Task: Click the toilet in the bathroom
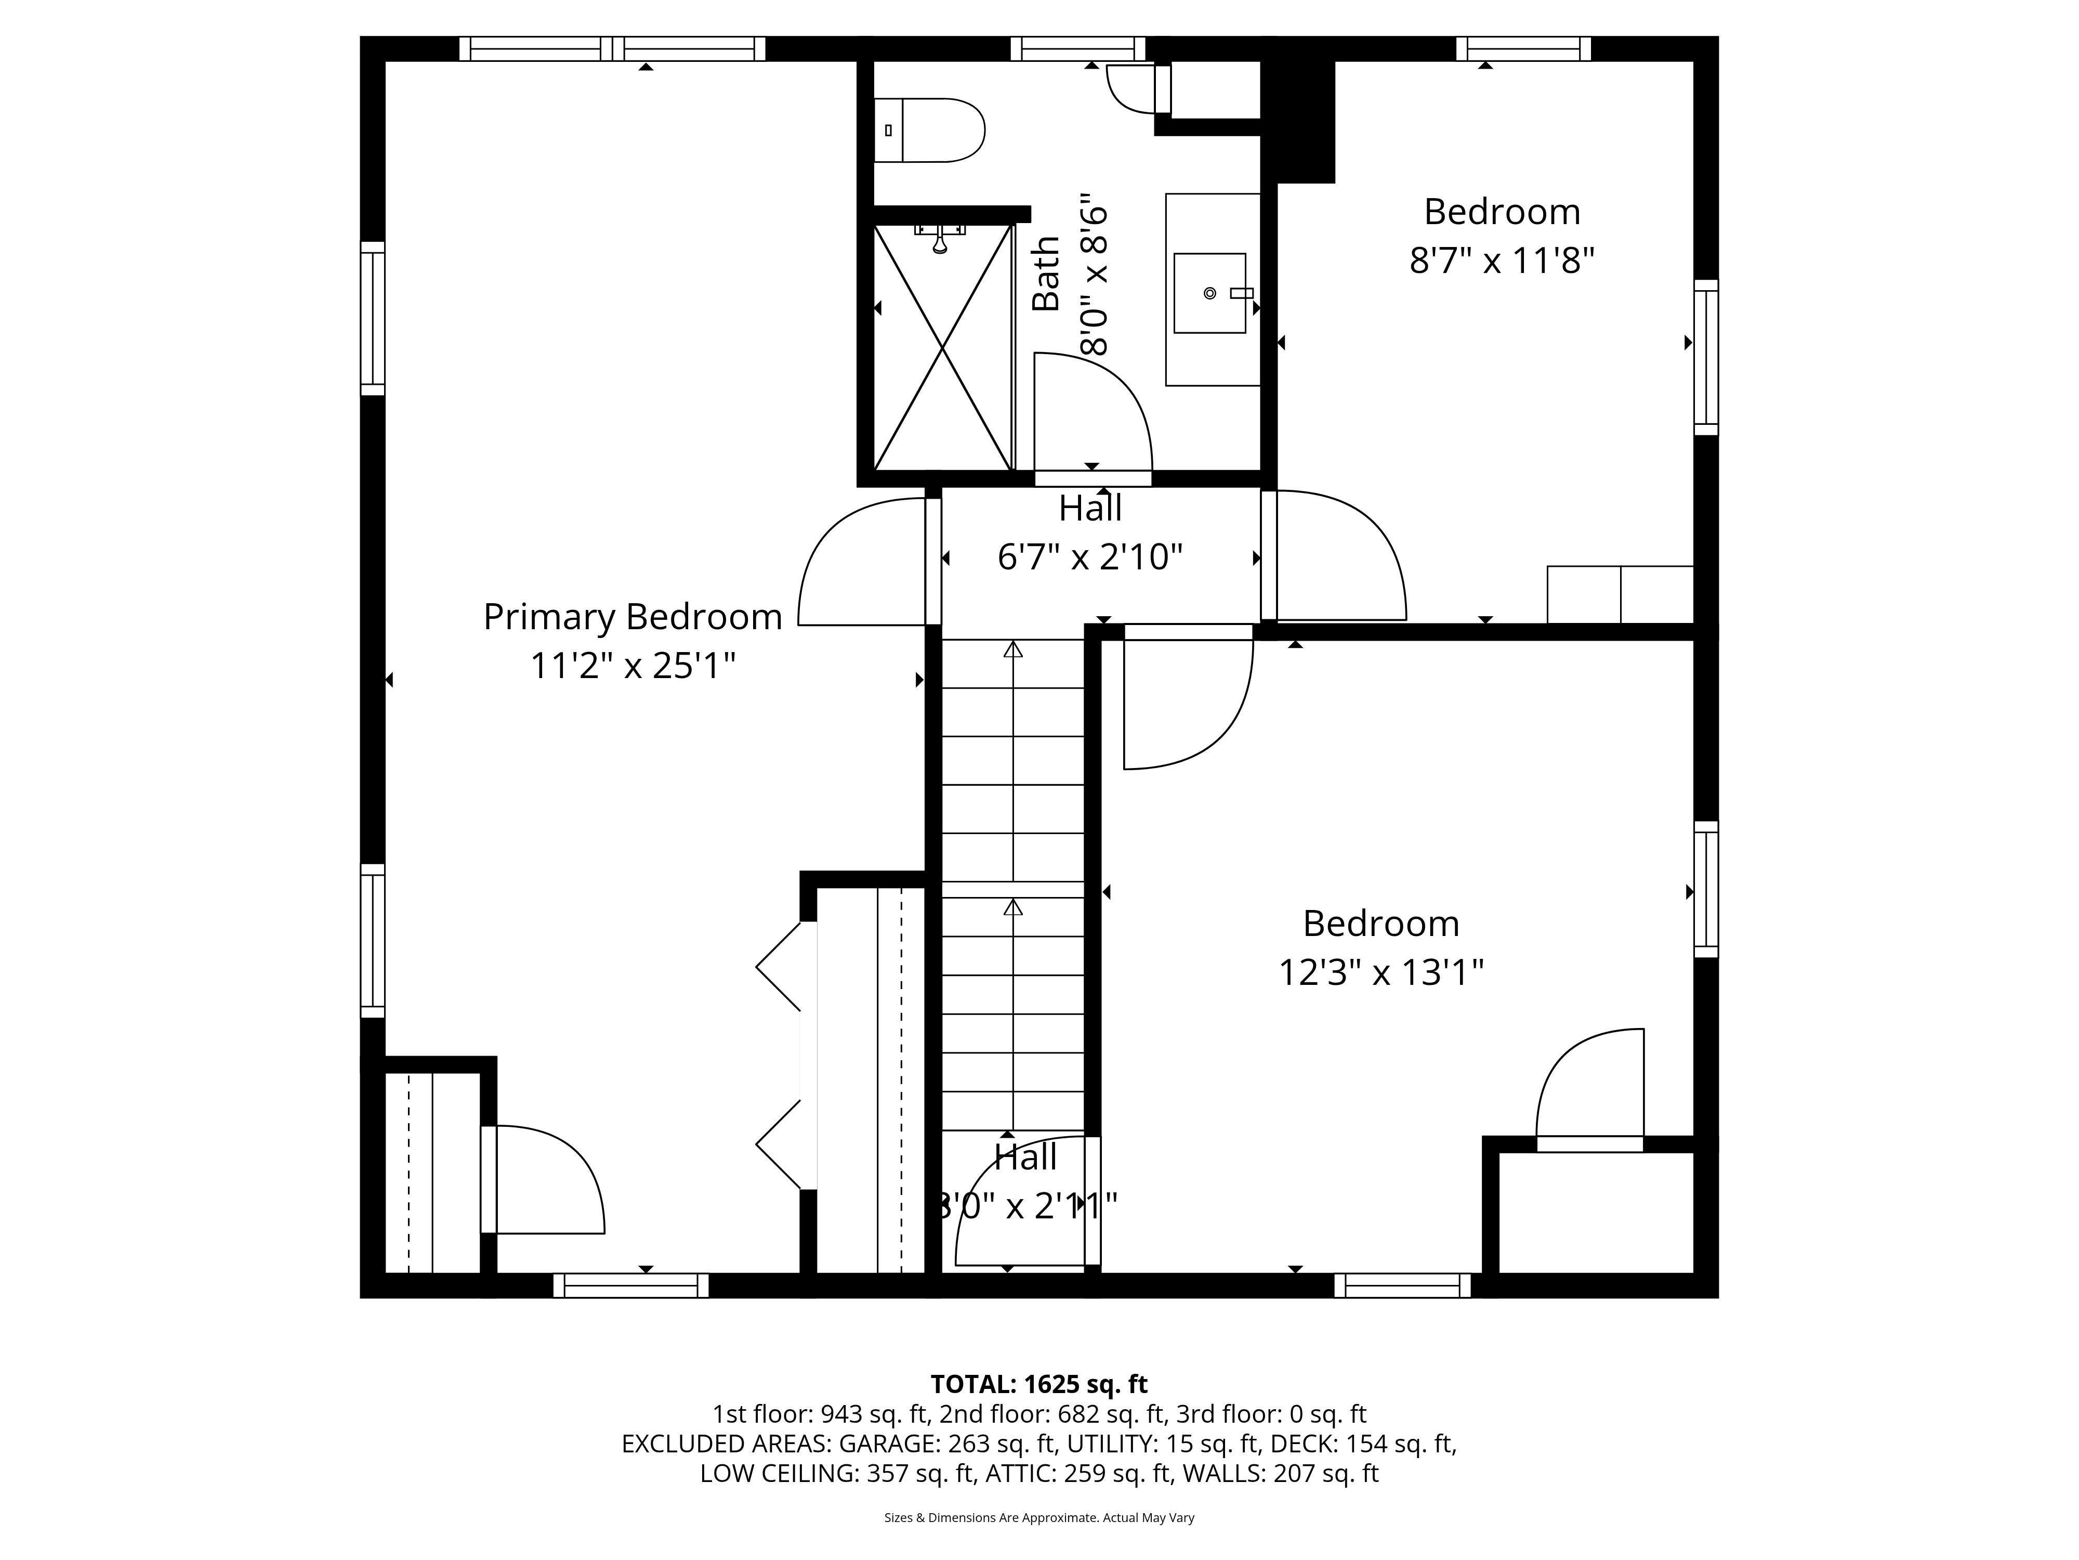pos(929,130)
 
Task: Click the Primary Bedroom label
pos(633,617)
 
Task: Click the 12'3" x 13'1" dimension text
pos(1380,972)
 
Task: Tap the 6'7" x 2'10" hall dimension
pos(1089,557)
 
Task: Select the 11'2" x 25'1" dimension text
pos(633,666)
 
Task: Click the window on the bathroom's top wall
pos(1078,48)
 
